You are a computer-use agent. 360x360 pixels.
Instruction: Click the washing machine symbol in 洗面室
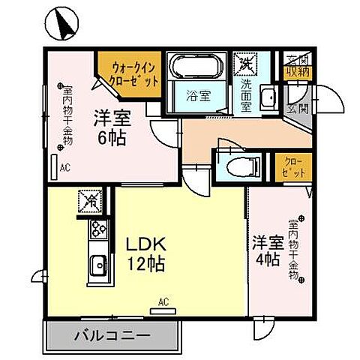point(244,64)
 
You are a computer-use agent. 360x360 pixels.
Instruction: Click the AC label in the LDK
point(163,302)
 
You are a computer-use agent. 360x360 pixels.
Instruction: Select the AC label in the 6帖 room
point(64,167)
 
